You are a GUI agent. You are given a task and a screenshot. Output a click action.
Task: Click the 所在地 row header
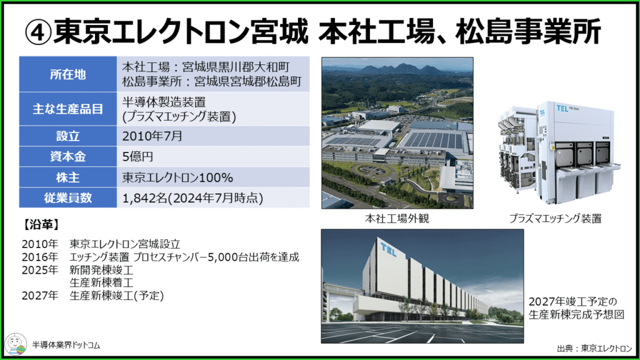[x=67, y=74]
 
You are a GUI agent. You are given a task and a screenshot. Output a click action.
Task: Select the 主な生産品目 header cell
[x=67, y=109]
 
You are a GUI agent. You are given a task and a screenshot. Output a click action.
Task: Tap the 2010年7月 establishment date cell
[x=152, y=136]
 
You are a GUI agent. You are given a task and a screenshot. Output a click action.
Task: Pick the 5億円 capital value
[x=138, y=157]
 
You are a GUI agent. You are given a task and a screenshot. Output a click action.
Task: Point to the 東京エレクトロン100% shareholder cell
[x=177, y=177]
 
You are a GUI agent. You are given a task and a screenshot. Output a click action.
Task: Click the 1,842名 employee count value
[x=145, y=198]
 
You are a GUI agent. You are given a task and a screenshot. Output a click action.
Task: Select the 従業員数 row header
[x=67, y=198]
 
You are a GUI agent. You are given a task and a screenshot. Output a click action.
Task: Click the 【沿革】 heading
[x=41, y=224]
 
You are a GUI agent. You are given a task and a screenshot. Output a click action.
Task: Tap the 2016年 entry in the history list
[x=40, y=257]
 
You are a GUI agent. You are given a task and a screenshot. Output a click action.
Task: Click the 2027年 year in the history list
[x=40, y=296]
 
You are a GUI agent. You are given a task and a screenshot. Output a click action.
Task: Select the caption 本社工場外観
[x=397, y=219]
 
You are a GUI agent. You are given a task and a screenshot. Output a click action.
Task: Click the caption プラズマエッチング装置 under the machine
[x=555, y=219]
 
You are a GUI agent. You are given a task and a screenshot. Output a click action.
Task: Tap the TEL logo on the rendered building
[x=388, y=249]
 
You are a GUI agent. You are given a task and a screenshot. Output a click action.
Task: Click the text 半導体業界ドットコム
[x=66, y=345]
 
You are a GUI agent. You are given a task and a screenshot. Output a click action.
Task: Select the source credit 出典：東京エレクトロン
[x=595, y=348]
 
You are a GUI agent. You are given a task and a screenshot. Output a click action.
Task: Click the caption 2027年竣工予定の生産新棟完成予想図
[x=576, y=307]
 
